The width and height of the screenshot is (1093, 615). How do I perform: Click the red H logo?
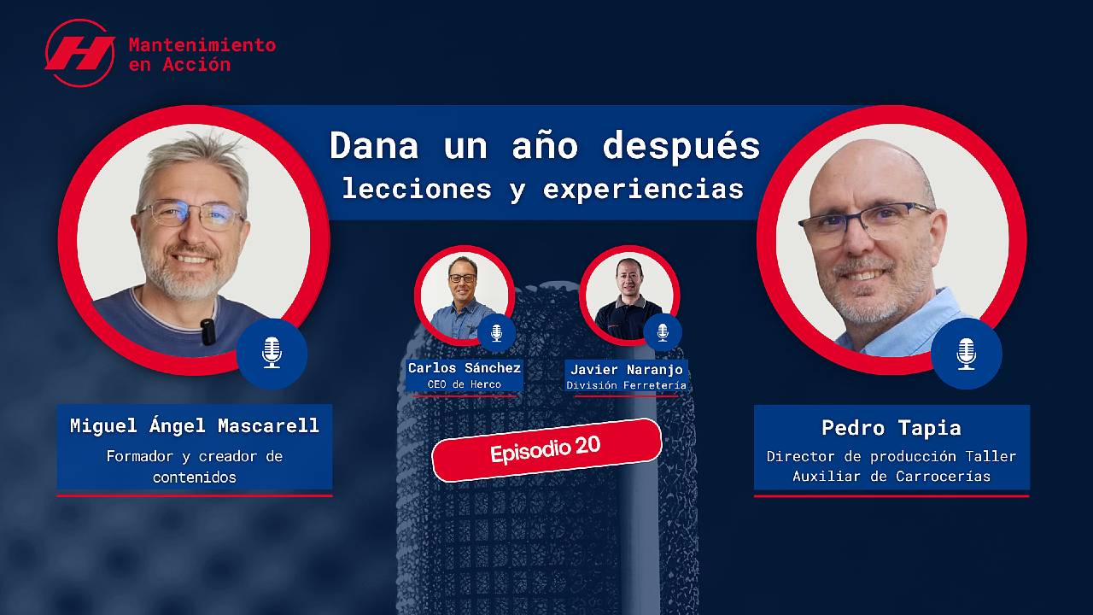[x=79, y=53]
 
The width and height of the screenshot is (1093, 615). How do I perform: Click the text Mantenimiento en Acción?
[x=202, y=54]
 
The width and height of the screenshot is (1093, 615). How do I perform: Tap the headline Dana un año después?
[x=545, y=145]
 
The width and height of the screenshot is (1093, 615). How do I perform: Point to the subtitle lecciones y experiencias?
[x=543, y=189]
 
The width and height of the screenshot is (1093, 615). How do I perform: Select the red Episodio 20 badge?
[x=546, y=449]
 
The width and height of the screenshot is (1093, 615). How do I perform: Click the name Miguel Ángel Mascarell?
[x=195, y=425]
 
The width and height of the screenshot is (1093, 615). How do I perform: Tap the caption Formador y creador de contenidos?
[x=195, y=466]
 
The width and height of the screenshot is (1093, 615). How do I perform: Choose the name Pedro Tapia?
[x=891, y=427]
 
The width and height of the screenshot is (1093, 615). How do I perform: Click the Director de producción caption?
[x=891, y=466]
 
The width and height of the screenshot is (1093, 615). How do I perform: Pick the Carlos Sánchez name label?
[x=465, y=368]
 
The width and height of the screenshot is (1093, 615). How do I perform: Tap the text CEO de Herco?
[x=465, y=384]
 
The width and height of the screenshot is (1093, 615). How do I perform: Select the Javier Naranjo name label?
[x=627, y=370]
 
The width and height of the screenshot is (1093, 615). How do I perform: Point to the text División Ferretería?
[x=627, y=385]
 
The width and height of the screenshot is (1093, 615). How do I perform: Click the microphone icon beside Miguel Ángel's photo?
[x=272, y=352]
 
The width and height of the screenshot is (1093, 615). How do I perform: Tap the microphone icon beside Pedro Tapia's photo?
[x=966, y=353]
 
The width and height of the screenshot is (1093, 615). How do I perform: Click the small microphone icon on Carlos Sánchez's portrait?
[x=496, y=332]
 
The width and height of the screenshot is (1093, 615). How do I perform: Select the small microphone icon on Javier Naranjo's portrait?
[x=662, y=332]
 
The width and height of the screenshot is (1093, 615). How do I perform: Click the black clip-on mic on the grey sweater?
[x=207, y=331]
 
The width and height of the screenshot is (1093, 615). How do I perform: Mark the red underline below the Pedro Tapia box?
[x=891, y=495]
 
